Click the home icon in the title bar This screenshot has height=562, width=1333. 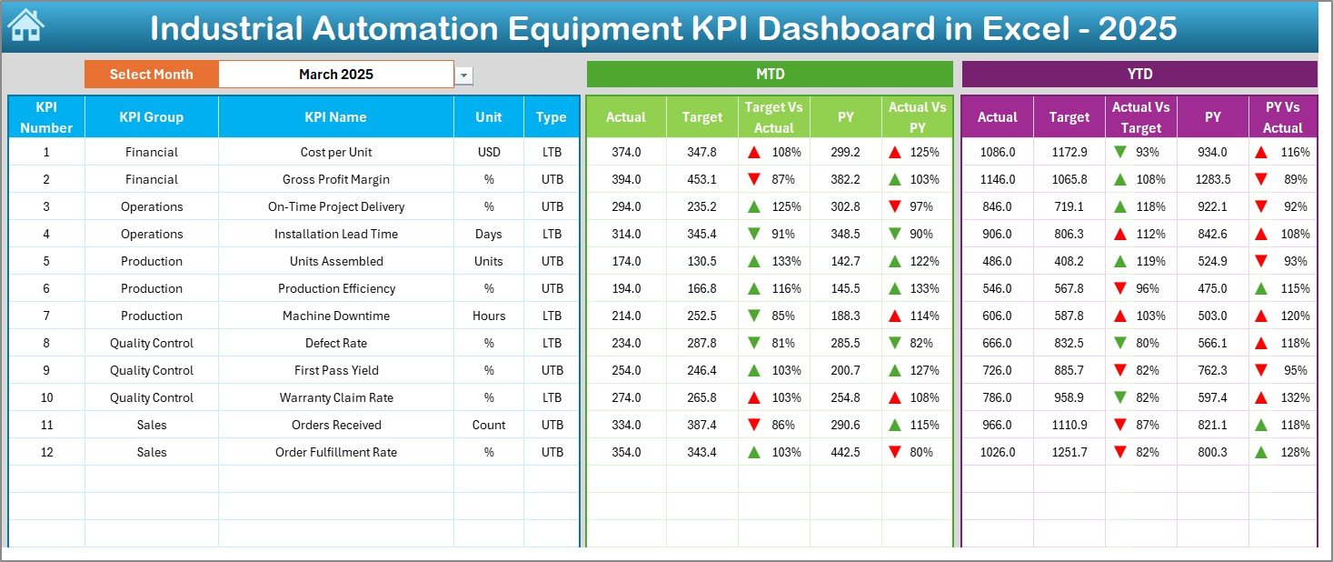point(25,26)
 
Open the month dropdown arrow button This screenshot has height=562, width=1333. point(464,75)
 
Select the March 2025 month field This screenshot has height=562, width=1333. point(335,75)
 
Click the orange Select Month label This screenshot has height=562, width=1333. point(151,75)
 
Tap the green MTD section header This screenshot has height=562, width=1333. point(770,75)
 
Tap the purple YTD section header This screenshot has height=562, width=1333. point(1139,75)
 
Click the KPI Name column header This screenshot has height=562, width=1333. point(335,117)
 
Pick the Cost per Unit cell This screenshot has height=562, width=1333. point(335,152)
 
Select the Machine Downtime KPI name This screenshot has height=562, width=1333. point(335,316)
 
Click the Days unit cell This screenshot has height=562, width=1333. point(488,234)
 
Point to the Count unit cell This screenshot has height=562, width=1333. point(488,425)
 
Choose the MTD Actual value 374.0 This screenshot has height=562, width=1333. point(625,152)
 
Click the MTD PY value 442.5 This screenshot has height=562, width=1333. point(845,452)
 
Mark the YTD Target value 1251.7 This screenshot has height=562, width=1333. point(1069,452)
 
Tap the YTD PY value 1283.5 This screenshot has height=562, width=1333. point(1213,179)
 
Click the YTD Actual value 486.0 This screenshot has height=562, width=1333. point(997,261)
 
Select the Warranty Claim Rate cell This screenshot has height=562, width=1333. point(335,397)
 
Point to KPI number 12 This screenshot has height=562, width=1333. point(46,452)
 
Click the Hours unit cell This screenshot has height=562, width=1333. point(488,316)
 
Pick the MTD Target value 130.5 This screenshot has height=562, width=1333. point(701,261)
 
